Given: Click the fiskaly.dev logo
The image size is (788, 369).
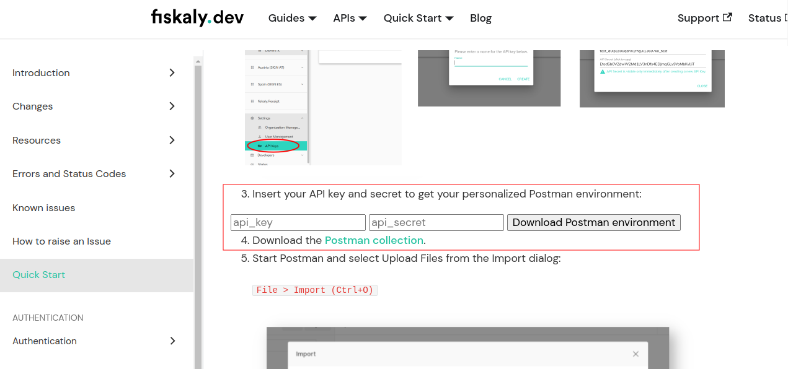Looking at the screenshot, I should (x=197, y=17).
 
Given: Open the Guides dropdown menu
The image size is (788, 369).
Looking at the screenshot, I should (x=292, y=18).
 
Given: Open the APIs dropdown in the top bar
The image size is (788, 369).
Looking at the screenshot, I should (x=350, y=18).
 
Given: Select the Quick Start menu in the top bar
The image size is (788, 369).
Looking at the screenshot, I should (x=418, y=18).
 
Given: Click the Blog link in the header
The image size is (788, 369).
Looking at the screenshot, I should (x=480, y=18).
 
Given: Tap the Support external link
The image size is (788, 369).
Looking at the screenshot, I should (x=704, y=18).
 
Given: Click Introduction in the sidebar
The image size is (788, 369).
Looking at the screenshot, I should (x=41, y=72).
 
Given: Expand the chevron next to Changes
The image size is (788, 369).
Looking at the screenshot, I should (x=172, y=106).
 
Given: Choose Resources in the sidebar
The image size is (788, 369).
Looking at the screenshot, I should (x=37, y=140).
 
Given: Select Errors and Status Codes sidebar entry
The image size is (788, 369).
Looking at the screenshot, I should (x=69, y=173).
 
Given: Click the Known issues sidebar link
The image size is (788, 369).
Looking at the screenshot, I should (x=43, y=207).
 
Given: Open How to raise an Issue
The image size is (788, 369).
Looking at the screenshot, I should (x=61, y=241).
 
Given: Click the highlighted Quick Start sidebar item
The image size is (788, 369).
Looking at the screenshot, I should (x=38, y=274).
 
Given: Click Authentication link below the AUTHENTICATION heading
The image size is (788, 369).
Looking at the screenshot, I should (x=45, y=341).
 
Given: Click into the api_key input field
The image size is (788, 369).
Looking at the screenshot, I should (x=298, y=222).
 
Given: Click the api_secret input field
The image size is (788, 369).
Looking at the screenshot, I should (x=436, y=222).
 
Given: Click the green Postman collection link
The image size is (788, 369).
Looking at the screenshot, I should (x=374, y=240).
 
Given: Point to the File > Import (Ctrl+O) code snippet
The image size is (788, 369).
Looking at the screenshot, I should (x=315, y=290).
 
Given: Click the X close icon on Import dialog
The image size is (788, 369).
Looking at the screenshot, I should (x=635, y=354).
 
